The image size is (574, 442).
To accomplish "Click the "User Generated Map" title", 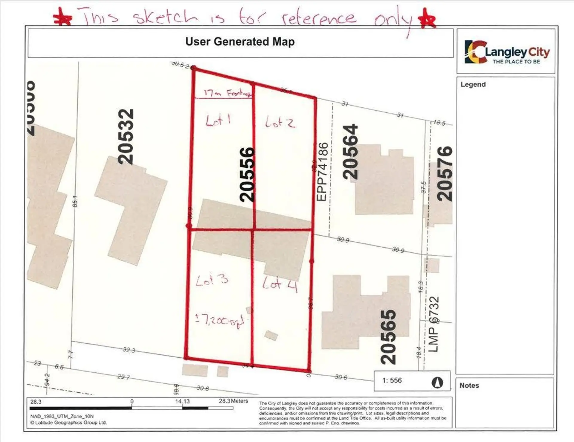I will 240,42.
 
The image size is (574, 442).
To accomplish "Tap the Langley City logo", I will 507,52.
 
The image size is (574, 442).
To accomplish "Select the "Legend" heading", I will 473,84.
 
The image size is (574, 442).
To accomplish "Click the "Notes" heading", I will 469,385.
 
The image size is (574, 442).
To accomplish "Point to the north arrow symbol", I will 437,382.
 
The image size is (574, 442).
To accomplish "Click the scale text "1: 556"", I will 392,380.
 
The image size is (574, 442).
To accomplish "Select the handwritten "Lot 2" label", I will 280,122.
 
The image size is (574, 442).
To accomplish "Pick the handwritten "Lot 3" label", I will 212,280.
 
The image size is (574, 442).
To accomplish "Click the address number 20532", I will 126,136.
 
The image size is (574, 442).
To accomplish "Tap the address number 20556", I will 248,175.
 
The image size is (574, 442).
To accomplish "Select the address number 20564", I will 350,152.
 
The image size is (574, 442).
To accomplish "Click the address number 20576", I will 445,173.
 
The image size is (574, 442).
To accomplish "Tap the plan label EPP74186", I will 322,172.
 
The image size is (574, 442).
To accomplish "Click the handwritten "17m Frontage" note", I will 227,93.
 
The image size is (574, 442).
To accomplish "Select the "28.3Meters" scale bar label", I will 233,401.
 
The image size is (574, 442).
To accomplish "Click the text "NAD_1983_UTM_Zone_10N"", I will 62,416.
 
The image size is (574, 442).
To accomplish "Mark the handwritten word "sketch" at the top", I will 165,17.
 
